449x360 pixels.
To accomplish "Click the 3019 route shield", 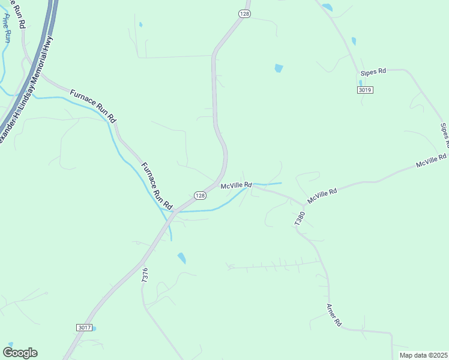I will [364, 90].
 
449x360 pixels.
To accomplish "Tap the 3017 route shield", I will [85, 327].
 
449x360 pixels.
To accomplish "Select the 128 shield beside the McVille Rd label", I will [200, 196].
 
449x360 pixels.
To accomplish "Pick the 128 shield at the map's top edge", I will [244, 13].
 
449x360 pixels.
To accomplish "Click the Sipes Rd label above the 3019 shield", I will [373, 73].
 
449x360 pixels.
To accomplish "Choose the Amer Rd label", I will [334, 315].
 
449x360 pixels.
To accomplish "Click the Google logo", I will [20, 353].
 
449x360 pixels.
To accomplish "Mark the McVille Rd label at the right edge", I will [432, 161].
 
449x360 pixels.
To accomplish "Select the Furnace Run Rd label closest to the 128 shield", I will [157, 184].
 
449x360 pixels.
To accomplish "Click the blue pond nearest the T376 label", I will [181, 259].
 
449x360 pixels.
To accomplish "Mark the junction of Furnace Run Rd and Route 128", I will [172, 211].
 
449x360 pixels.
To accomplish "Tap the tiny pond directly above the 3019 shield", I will [360, 83].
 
